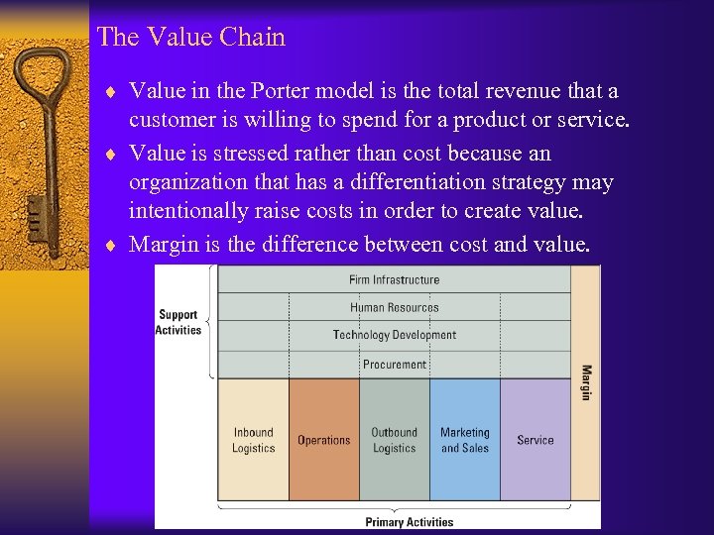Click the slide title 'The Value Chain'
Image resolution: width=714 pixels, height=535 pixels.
tap(191, 38)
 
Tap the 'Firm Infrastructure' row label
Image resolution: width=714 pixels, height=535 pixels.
tap(394, 280)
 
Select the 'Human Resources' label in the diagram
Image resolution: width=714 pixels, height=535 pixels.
tap(394, 308)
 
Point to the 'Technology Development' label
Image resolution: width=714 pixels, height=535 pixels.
tap(394, 336)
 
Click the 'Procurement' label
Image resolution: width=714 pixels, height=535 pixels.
tap(394, 365)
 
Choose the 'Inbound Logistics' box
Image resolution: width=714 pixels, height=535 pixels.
tap(253, 440)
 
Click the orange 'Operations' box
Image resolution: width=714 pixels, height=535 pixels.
tap(323, 440)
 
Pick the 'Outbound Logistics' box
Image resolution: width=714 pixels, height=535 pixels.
tap(394, 440)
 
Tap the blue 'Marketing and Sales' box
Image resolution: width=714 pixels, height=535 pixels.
tap(464, 440)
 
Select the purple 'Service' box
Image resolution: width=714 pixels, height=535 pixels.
tap(535, 440)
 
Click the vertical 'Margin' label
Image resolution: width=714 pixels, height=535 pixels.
tap(586, 383)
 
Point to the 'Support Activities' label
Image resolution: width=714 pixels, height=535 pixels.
tap(178, 323)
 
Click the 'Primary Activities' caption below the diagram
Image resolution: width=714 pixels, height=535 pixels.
tap(409, 522)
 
